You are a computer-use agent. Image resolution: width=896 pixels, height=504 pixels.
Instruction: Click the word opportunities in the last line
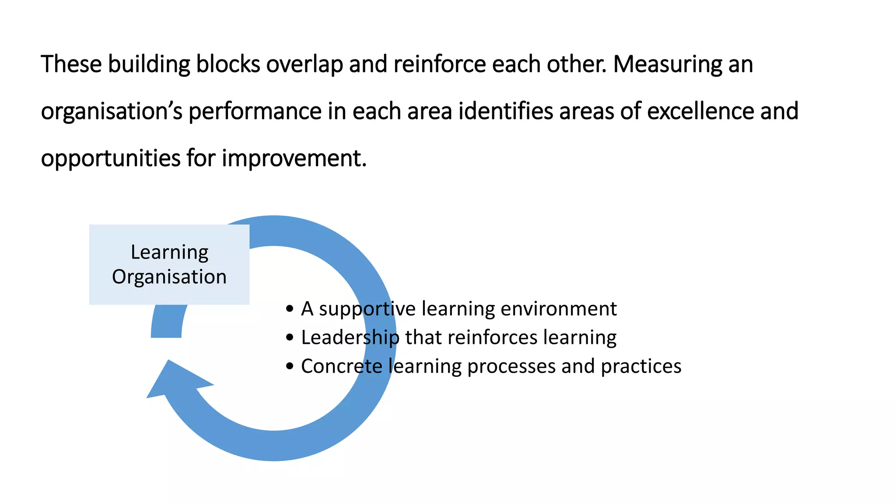(110, 158)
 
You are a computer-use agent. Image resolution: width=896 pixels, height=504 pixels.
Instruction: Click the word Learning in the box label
(169, 252)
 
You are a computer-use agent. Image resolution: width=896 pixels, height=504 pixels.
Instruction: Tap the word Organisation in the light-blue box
(169, 277)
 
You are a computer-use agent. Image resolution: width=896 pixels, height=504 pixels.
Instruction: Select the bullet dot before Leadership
(289, 338)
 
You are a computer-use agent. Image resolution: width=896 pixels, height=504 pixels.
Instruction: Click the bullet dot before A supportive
(289, 309)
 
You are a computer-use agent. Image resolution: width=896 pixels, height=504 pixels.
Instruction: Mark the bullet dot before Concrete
(289, 366)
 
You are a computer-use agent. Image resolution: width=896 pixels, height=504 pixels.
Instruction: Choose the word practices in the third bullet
(641, 367)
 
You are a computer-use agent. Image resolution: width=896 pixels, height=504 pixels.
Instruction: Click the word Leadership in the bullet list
(350, 338)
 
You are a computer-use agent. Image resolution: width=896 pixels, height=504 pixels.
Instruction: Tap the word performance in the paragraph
(255, 112)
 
